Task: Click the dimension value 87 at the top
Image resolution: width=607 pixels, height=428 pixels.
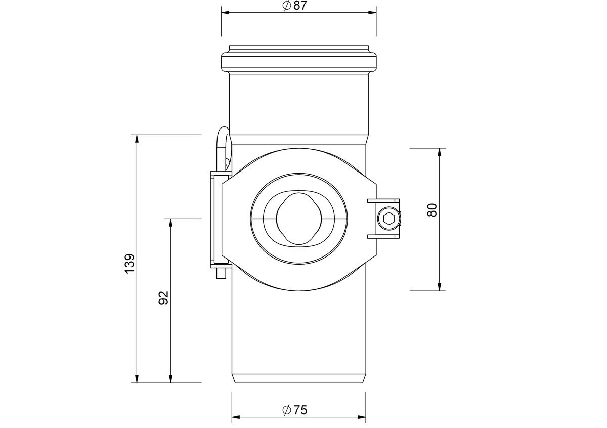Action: click(x=300, y=6)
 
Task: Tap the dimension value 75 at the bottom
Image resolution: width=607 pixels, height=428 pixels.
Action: click(x=300, y=410)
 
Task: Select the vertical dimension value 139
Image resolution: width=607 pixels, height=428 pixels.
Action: click(x=130, y=264)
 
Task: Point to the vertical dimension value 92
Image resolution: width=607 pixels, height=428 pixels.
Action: click(x=163, y=298)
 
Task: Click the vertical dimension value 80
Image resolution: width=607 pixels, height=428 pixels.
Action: click(x=432, y=210)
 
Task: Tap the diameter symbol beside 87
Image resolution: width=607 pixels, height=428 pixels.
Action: click(x=286, y=6)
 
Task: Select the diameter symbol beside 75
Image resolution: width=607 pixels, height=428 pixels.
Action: click(x=286, y=410)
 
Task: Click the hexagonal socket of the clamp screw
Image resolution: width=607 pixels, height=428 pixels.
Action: click(x=388, y=219)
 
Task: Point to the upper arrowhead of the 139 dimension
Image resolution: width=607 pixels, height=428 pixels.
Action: click(x=137, y=139)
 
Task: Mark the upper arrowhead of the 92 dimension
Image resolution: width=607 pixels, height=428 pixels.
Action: click(x=170, y=223)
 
